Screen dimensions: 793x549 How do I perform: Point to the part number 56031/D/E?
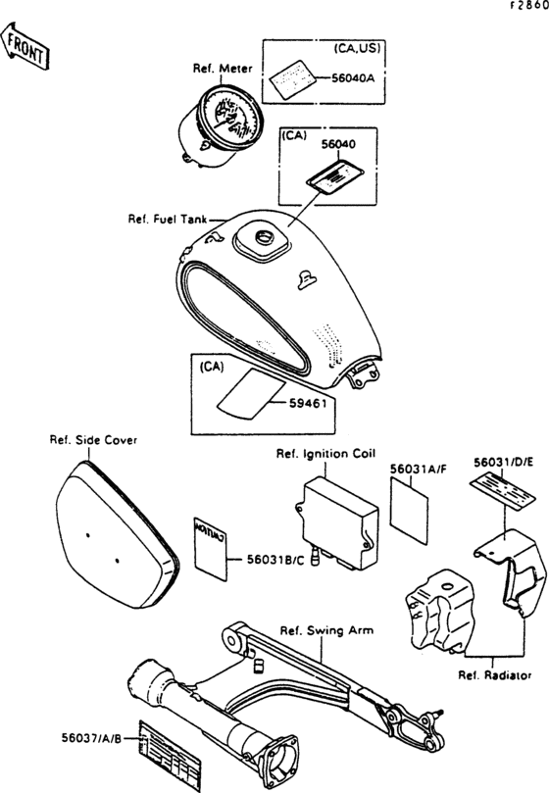coord(503,460)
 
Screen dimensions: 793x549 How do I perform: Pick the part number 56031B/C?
coord(264,560)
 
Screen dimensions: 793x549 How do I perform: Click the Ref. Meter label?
coord(223,69)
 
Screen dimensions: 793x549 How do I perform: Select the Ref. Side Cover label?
coord(93,440)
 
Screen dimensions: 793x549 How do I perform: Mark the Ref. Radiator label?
coord(495,675)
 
